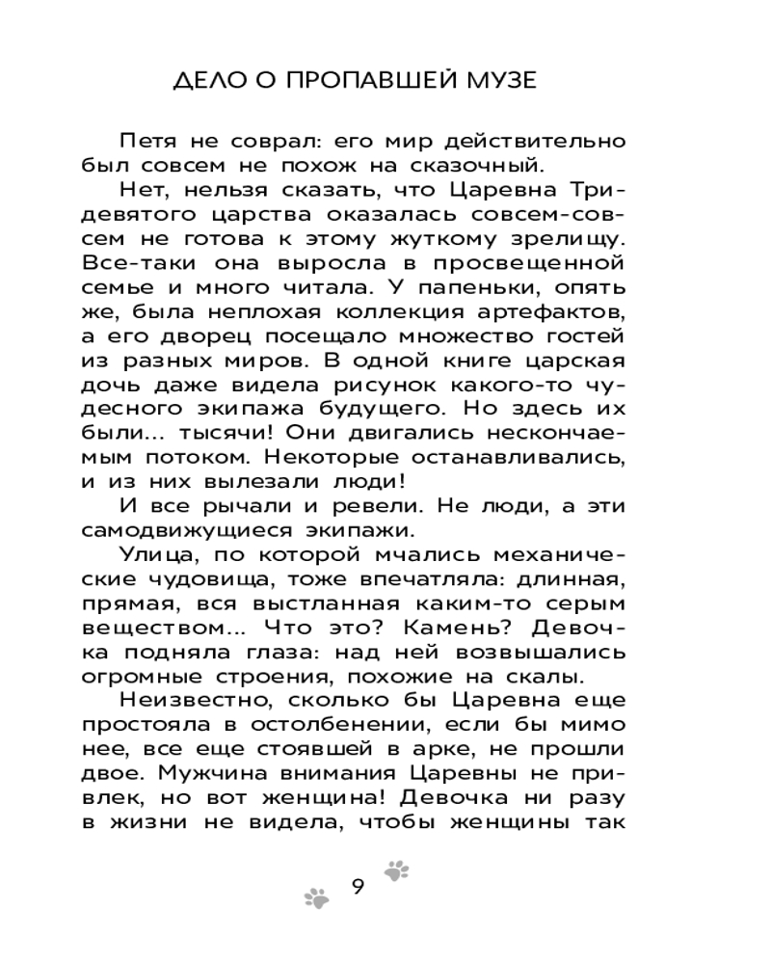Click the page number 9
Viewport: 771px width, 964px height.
tap(357, 886)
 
